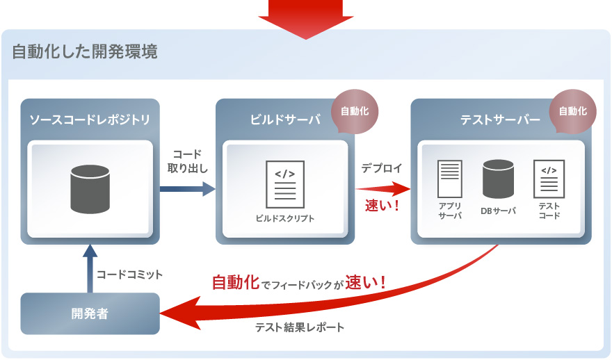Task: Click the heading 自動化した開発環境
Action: point(84,52)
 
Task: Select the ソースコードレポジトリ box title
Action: point(90,120)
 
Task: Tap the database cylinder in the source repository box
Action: point(90,188)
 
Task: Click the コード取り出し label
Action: point(188,161)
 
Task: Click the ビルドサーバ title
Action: point(285,120)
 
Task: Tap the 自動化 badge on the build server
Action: point(355,111)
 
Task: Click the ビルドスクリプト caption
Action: point(285,218)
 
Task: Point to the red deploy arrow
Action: point(383,188)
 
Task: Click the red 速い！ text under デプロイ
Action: point(382,206)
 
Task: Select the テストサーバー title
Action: point(500,120)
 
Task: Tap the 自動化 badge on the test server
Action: point(572,111)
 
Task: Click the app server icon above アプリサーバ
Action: point(449,179)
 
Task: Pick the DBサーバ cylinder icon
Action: point(498,179)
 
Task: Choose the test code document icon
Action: point(549,178)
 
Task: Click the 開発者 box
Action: point(90,313)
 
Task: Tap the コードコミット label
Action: point(130,275)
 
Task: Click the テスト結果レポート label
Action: point(300,327)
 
